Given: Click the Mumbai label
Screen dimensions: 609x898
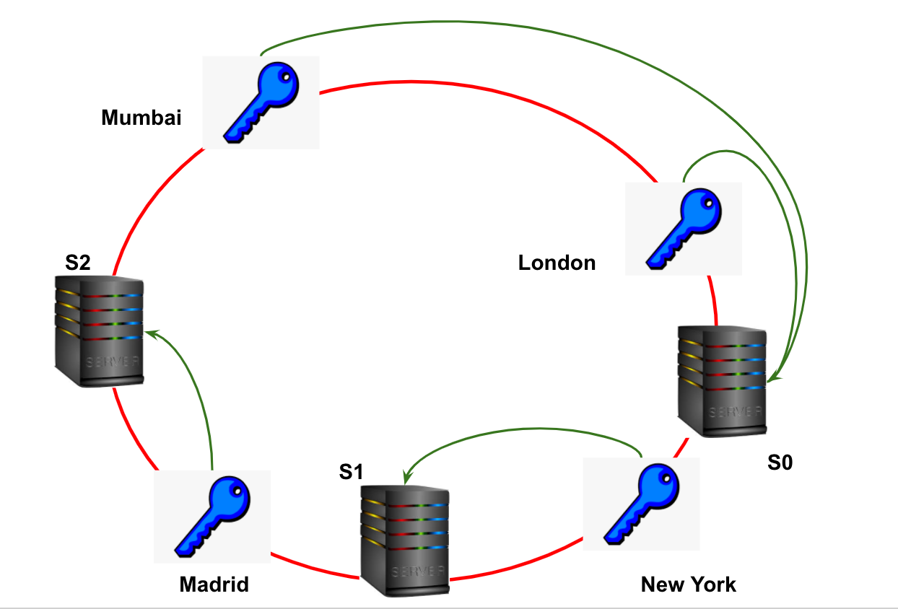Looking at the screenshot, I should click(x=141, y=118).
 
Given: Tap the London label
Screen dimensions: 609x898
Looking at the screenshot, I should click(x=557, y=263).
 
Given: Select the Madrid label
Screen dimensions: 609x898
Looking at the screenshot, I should click(x=214, y=584).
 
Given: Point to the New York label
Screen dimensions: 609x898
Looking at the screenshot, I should click(x=688, y=584).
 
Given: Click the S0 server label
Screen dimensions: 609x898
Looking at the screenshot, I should click(x=780, y=463).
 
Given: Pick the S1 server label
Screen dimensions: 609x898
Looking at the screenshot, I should click(x=351, y=472).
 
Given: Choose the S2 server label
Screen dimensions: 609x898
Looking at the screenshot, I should click(x=78, y=263).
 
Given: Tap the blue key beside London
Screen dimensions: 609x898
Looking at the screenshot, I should click(x=683, y=228).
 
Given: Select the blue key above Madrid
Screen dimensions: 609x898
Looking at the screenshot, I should click(x=212, y=517).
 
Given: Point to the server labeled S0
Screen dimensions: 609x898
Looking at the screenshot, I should click(x=722, y=380).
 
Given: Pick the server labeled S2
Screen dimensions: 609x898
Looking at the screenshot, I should click(x=100, y=329).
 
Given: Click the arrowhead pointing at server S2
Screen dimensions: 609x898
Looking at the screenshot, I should click(x=150, y=333).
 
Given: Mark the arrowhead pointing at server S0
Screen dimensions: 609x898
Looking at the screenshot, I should click(x=772, y=377).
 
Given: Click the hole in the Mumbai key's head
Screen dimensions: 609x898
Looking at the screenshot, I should click(x=287, y=76).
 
